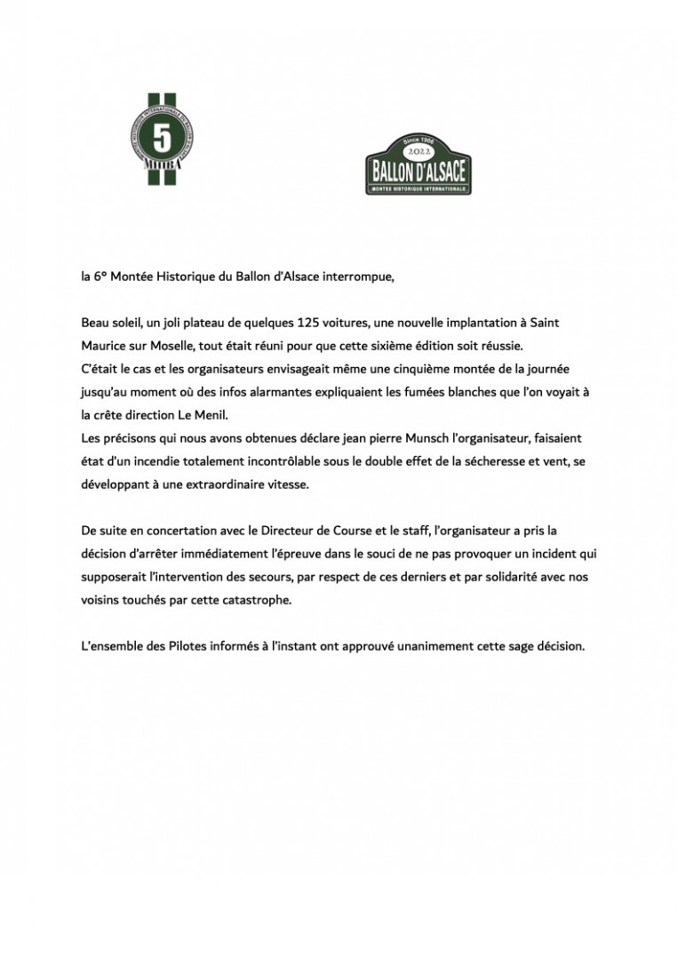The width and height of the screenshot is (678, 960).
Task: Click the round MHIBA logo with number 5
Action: [163, 140]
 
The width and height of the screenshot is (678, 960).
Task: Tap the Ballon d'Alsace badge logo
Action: [419, 164]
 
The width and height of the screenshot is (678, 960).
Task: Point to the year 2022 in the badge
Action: [418, 151]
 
